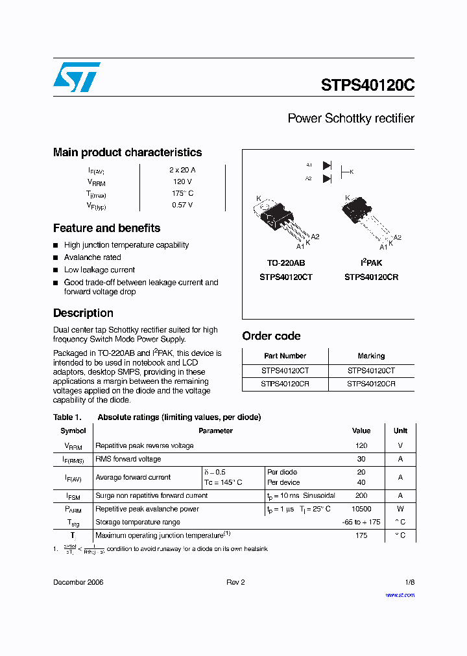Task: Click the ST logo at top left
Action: click(77, 77)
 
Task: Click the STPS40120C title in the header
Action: click(367, 86)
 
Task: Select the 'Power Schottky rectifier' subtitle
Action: click(350, 119)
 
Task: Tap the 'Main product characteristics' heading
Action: click(127, 152)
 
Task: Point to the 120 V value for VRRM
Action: click(182, 182)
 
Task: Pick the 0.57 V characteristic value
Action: click(182, 205)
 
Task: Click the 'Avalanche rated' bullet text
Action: click(92, 257)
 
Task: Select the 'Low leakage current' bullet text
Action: click(99, 270)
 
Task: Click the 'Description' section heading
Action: click(83, 313)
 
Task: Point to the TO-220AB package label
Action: click(285, 263)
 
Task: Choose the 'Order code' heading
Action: click(271, 336)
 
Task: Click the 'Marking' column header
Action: click(371, 356)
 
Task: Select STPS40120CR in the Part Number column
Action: click(285, 384)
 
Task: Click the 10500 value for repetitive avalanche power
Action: click(361, 509)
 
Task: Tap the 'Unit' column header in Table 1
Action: click(400, 430)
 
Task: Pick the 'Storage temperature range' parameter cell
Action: click(138, 522)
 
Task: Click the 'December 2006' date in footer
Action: click(78, 582)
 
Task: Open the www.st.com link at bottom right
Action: click(400, 594)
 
